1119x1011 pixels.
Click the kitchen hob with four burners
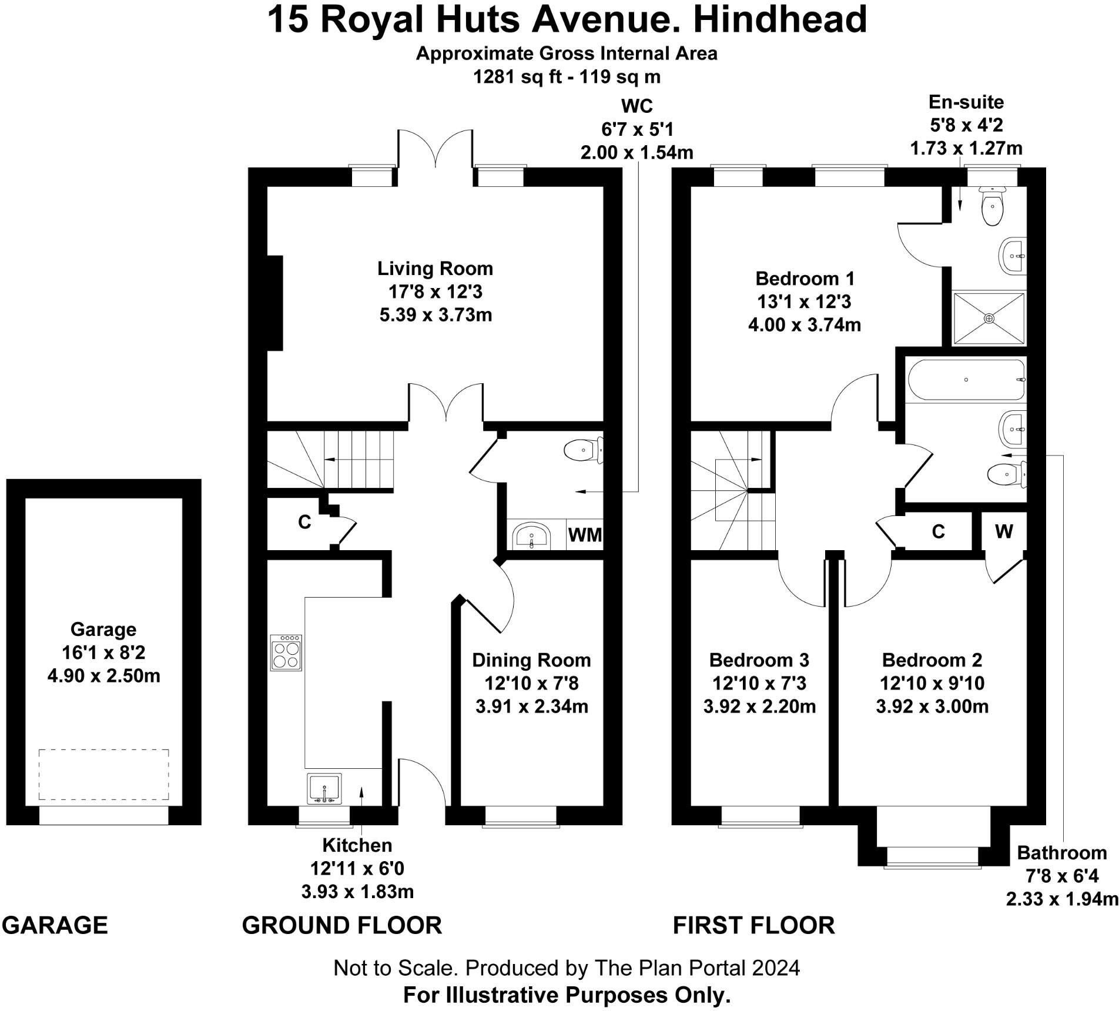(286, 652)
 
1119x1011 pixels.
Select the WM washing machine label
(585, 535)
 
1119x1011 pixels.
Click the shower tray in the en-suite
(989, 318)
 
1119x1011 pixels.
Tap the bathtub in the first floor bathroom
(966, 380)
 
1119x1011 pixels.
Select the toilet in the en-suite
(993, 207)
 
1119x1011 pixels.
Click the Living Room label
(435, 269)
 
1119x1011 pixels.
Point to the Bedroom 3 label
(759, 660)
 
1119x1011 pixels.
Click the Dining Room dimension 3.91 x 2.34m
(531, 706)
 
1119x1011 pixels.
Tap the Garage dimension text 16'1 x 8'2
(103, 652)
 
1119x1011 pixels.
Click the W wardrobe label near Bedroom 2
(1004, 531)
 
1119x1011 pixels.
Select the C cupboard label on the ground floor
(304, 522)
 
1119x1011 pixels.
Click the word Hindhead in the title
(780, 19)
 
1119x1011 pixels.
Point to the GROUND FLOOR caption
(341, 926)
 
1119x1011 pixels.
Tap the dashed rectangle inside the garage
(104, 774)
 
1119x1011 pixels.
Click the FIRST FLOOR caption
(753, 926)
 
